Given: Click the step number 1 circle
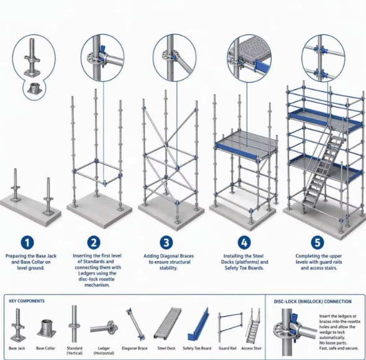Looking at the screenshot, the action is point(27,242).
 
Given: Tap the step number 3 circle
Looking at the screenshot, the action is point(167,242).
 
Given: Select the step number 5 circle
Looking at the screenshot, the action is point(318,242).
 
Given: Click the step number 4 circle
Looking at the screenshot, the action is point(244,242).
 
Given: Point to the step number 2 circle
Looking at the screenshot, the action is point(94,242).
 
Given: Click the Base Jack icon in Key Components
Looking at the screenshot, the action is point(18,325).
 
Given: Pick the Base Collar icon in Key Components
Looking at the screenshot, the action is point(47,328).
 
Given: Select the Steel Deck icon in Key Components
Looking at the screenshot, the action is point(168,323).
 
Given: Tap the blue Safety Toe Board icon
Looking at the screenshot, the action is point(198,324).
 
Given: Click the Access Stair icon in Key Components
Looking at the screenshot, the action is point(254,325).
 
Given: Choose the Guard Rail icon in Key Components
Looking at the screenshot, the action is point(230,327).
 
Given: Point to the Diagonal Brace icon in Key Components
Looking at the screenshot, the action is point(135,324).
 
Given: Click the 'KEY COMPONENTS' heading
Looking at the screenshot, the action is point(27,301).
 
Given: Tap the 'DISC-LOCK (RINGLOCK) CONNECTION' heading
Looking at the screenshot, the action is point(313,302).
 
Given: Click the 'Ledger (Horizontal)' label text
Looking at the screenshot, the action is point(104,351).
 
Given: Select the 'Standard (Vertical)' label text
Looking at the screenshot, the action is point(75,351).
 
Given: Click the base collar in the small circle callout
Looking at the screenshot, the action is point(35,88).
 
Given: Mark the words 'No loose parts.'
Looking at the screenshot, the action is point(333,343).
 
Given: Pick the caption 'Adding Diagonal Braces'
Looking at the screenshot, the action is point(168,256).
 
